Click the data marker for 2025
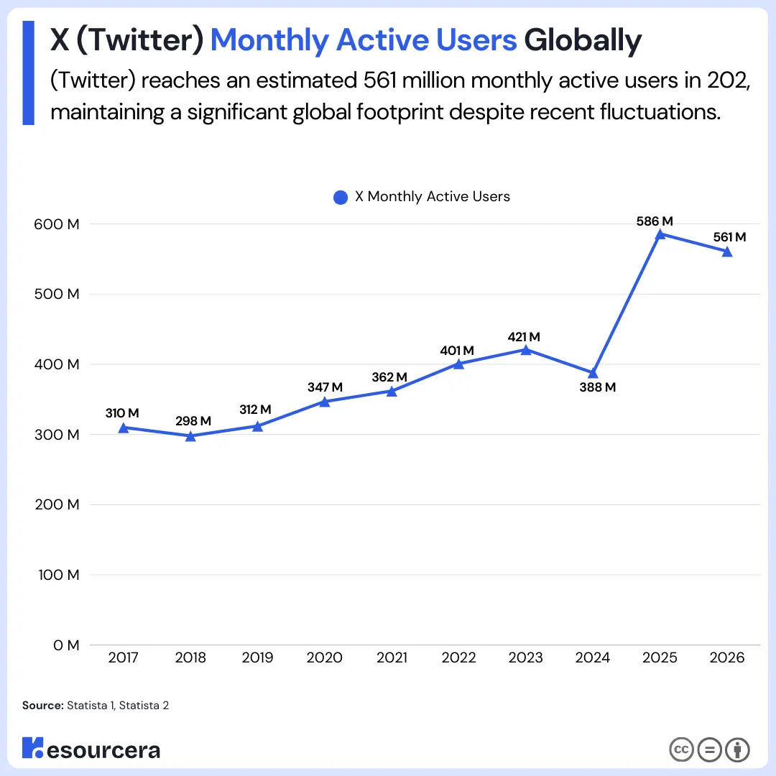[660, 234]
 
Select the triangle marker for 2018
[190, 435]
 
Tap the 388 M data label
[598, 387]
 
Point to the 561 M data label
[729, 237]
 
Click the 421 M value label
[523, 337]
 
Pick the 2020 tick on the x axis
[324, 657]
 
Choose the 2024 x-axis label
[593, 657]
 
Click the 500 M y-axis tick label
[56, 294]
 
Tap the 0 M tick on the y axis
[65, 645]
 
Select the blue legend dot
[341, 197]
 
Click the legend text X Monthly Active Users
[433, 197]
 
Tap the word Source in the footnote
[42, 706]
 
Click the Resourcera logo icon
[32, 748]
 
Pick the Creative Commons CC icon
[681, 749]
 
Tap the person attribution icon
[737, 749]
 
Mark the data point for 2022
[458, 363]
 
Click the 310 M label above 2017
[121, 413]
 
